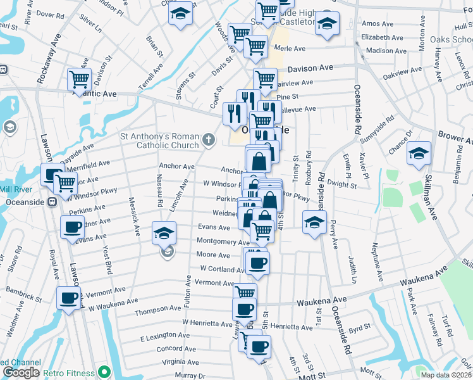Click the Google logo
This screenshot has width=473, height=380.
point(21,373)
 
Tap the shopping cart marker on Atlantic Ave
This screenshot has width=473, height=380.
point(80,79)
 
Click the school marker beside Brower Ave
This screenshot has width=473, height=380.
point(418,154)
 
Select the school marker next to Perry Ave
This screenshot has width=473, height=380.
point(314,222)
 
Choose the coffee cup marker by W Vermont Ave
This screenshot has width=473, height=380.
point(69,298)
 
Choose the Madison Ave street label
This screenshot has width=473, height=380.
point(384,51)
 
